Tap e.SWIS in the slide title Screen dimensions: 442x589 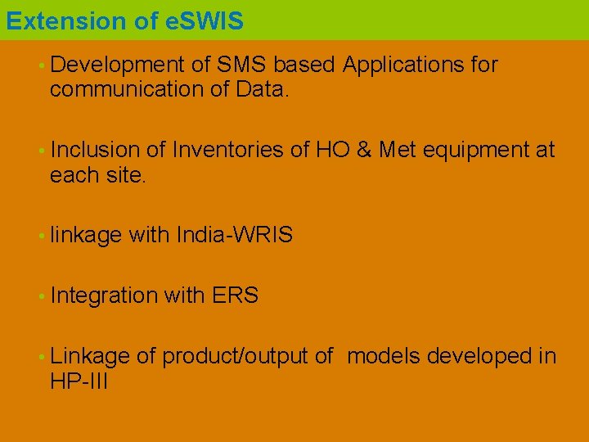(204, 20)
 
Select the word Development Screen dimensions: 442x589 (117, 65)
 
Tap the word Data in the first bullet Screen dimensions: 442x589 (261, 88)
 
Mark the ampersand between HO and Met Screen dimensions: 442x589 (365, 150)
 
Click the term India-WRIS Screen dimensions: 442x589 (234, 236)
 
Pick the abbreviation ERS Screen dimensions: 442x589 (235, 296)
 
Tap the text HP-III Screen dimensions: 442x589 (79, 381)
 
